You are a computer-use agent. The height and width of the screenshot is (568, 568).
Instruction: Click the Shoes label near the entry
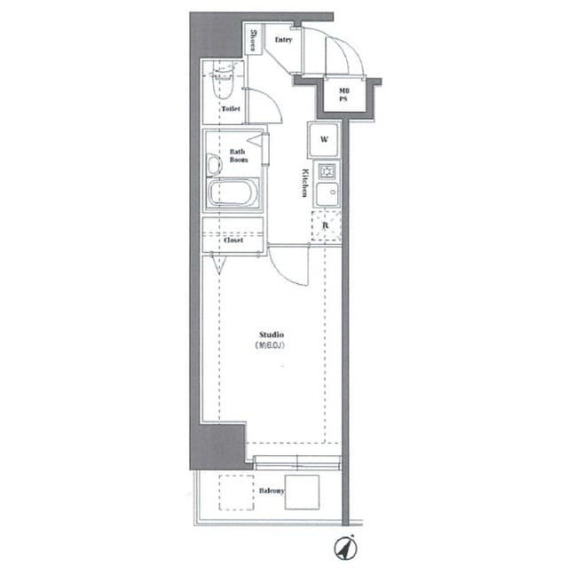click(253, 41)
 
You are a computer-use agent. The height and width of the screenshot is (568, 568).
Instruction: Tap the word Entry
click(284, 40)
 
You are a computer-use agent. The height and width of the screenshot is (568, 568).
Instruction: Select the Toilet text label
click(230, 109)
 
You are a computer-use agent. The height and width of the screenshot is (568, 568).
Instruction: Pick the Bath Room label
click(237, 155)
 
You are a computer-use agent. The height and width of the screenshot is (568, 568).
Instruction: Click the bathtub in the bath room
click(233, 193)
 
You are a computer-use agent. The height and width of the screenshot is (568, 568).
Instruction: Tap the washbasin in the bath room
click(212, 166)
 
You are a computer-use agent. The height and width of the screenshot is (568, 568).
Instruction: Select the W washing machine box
click(324, 139)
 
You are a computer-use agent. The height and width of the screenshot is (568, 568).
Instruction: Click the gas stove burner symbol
click(326, 171)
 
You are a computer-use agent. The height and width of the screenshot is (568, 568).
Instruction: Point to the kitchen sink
click(325, 193)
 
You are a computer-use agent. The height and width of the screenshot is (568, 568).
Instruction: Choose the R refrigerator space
click(326, 225)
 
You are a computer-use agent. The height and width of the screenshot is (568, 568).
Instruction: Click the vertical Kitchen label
click(304, 182)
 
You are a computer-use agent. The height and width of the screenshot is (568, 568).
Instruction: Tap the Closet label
click(233, 240)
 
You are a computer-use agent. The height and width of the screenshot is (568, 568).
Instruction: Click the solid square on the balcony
click(302, 491)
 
